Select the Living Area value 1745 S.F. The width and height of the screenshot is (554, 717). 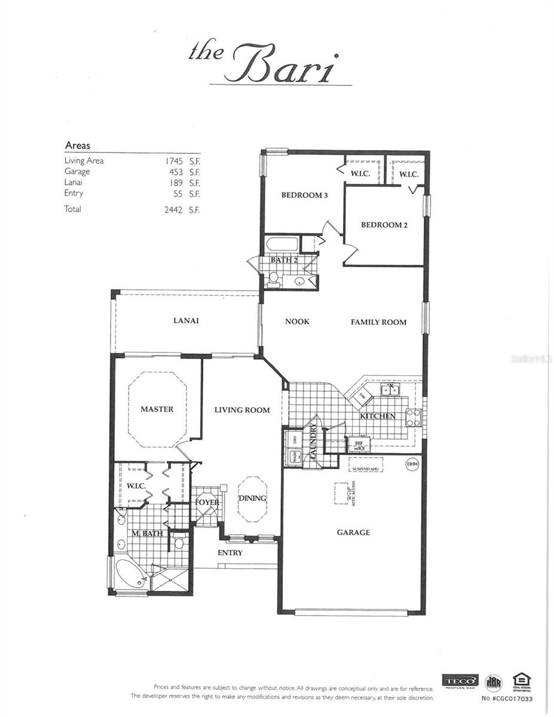coord(182,161)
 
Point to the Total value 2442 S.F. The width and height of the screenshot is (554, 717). coord(182,209)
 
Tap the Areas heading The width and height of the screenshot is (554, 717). coord(77,145)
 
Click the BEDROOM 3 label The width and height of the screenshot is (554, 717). coord(304,195)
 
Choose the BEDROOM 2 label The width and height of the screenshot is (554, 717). coord(384,225)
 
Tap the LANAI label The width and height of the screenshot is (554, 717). coord(186,321)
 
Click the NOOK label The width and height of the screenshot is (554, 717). coord(297,321)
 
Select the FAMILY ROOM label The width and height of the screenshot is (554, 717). coord(378,322)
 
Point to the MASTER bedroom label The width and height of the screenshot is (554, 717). coord(157,409)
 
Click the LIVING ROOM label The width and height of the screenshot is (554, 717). coord(242,410)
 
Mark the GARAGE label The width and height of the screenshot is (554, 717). coord(353,532)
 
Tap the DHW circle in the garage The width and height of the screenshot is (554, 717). coord(411,464)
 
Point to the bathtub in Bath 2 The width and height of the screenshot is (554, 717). coord(282,245)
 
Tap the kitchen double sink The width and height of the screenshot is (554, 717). coord(390,391)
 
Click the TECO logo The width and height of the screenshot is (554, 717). coord(460,681)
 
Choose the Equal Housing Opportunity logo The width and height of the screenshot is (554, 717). coord(522,681)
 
